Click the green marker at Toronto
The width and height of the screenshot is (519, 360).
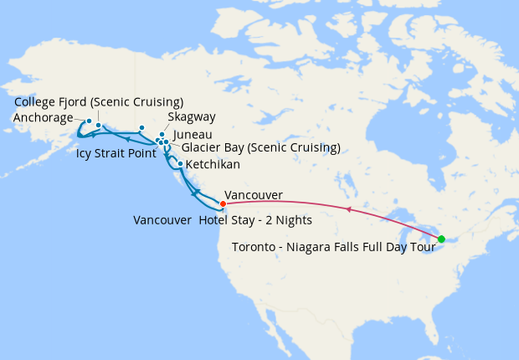pos(441,239)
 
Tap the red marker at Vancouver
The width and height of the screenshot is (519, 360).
pos(223,203)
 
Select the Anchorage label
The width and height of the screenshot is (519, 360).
pos(44,118)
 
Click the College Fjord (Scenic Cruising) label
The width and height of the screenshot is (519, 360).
pos(99,103)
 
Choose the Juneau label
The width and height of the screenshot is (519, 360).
pos(192,134)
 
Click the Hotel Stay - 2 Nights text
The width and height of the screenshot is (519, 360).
pos(255,220)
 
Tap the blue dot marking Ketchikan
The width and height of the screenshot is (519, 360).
pos(180,163)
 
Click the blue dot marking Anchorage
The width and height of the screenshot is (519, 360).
pos(89,121)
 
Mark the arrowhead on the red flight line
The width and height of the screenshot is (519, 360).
pos(347,210)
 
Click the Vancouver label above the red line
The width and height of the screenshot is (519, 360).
pos(254,195)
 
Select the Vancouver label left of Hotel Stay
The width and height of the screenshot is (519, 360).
pos(162,220)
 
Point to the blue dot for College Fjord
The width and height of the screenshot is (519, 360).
pos(99,126)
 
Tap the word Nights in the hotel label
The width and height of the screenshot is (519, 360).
pos(294,220)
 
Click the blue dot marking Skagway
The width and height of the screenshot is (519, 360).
pos(162,134)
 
